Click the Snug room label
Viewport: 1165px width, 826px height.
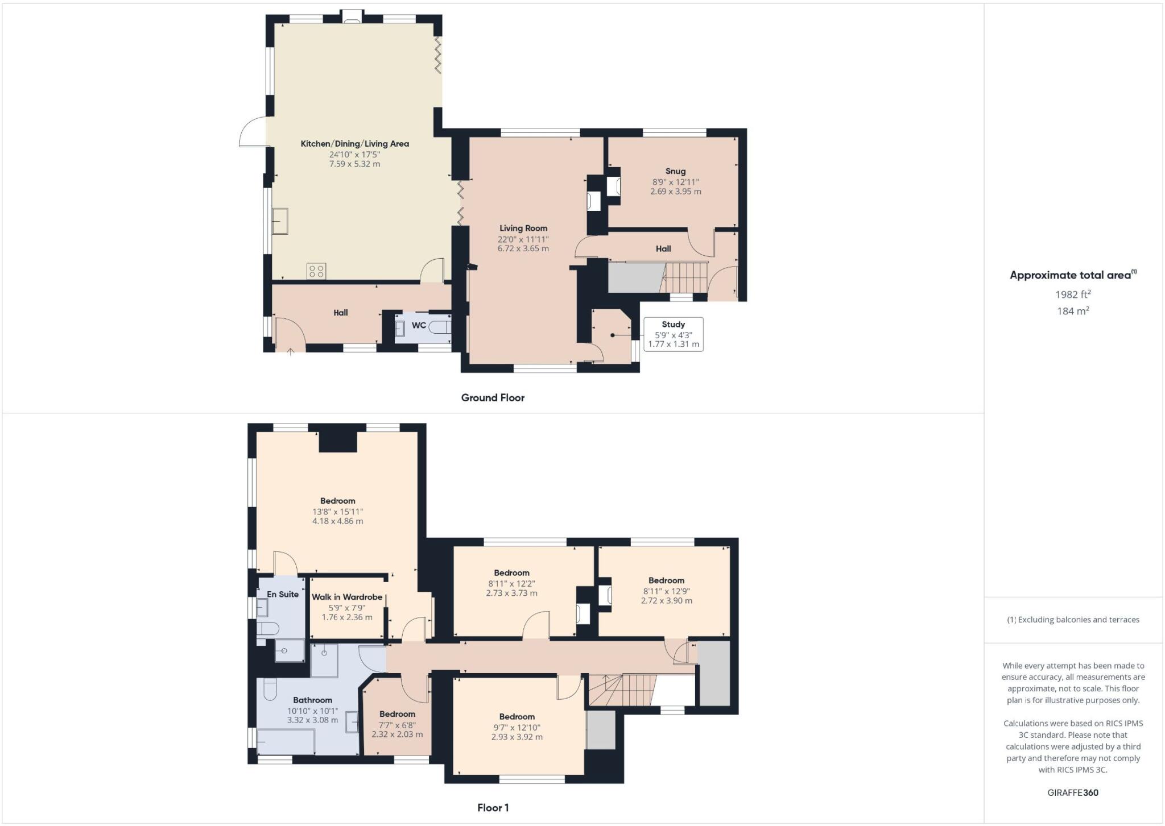pos(675,171)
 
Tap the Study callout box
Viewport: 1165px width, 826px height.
pos(674,334)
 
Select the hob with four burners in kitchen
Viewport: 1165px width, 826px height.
pos(317,271)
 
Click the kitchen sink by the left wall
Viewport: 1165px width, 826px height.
pos(280,221)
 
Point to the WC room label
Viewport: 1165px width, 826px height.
pos(419,326)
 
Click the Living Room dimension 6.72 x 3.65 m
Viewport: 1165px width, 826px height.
pos(523,248)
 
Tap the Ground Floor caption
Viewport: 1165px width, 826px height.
pos(493,398)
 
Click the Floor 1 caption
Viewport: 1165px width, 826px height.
pos(493,808)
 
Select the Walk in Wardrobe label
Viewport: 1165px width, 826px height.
pos(347,597)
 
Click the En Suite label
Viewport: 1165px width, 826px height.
pos(283,594)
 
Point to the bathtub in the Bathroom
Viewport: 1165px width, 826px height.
pos(286,742)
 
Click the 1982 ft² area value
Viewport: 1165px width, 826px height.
pos(1073,294)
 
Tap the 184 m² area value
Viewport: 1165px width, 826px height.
pos(1073,311)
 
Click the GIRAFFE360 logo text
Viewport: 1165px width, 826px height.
pos(1073,792)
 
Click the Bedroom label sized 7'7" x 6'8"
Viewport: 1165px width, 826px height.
pos(397,714)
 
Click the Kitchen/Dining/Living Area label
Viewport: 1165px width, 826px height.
pos(354,144)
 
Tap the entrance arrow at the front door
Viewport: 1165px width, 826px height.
pos(290,352)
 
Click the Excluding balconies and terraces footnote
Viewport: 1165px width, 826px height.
pos(1073,620)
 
